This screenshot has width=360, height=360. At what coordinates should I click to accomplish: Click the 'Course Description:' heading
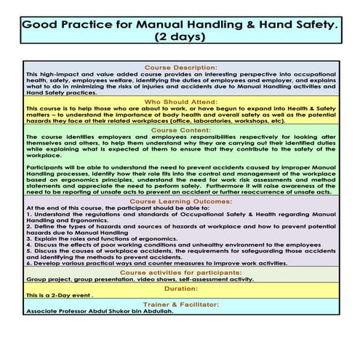tap(180, 68)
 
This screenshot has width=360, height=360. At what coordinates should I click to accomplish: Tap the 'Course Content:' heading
tap(180, 130)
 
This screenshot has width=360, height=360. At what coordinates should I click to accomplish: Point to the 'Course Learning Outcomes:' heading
tap(180, 199)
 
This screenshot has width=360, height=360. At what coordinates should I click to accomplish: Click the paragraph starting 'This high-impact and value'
tap(180, 83)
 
